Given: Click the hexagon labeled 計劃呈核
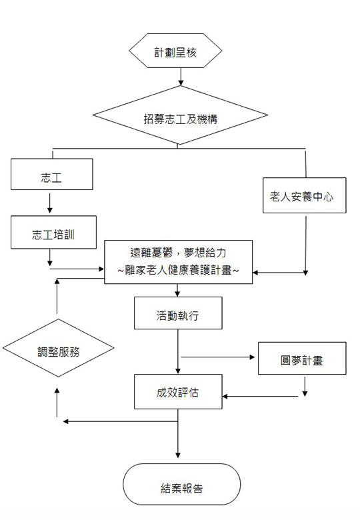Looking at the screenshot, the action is point(175,51).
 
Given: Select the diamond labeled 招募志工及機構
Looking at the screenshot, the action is point(180,115).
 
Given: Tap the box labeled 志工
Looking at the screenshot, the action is point(52,174).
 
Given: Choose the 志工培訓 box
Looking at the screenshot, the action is point(54,232).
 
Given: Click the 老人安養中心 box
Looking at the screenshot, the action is point(304,195).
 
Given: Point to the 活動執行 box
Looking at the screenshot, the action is point(178,313).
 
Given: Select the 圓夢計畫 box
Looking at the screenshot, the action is point(302,358).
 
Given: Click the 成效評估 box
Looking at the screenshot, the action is point(178,391).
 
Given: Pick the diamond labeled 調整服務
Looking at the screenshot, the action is point(59,348).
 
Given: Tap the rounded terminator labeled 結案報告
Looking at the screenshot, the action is point(181,484).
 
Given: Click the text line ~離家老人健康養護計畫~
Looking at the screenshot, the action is point(179,270).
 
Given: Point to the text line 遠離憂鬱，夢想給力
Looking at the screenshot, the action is point(179,253).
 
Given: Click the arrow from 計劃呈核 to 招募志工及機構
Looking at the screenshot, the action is point(181,77).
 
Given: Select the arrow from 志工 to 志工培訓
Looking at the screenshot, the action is point(50,203).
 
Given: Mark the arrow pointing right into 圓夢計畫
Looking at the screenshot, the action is point(218,357).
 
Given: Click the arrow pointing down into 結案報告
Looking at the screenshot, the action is point(178,433).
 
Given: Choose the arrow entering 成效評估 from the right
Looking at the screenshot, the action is point(260,396).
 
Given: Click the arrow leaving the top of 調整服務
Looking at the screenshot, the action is point(57,296).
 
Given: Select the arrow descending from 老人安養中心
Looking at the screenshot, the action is point(305,246).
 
